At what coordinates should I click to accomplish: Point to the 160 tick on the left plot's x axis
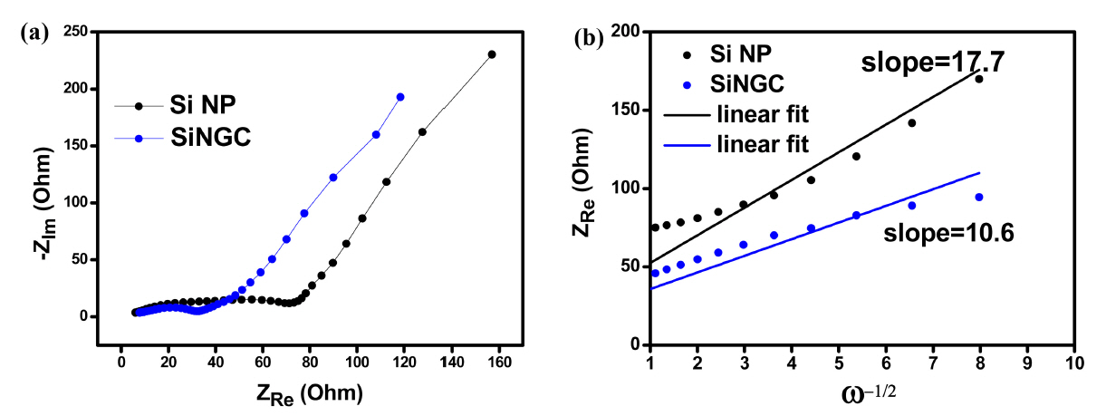[x=498, y=363]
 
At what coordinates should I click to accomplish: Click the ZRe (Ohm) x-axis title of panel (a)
[x=309, y=393]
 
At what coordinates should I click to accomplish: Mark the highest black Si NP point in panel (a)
[x=492, y=54]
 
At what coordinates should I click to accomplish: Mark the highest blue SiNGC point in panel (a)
[x=399, y=97]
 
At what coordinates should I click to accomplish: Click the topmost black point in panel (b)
[x=979, y=79]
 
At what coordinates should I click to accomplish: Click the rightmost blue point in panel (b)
[x=979, y=197]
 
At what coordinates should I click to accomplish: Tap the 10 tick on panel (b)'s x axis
[x=1073, y=363]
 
